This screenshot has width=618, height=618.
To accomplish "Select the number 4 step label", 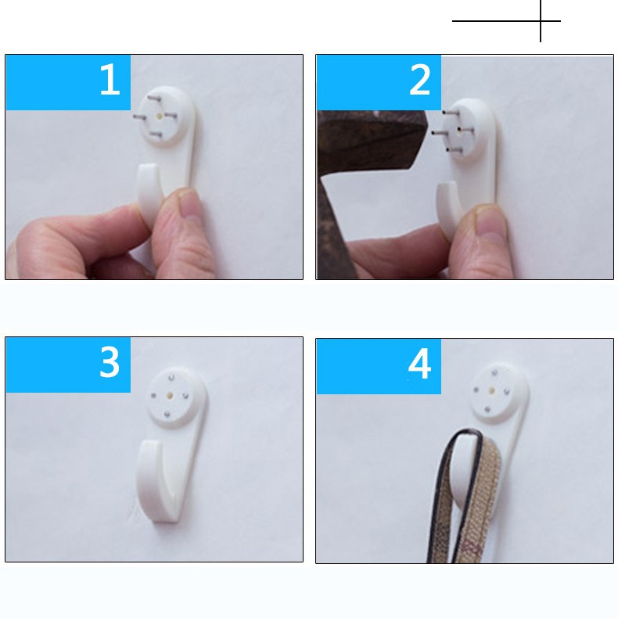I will point(419,364).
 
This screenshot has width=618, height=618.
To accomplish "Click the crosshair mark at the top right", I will point(540,20).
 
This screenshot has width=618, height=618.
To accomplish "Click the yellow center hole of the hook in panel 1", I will point(160,114).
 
